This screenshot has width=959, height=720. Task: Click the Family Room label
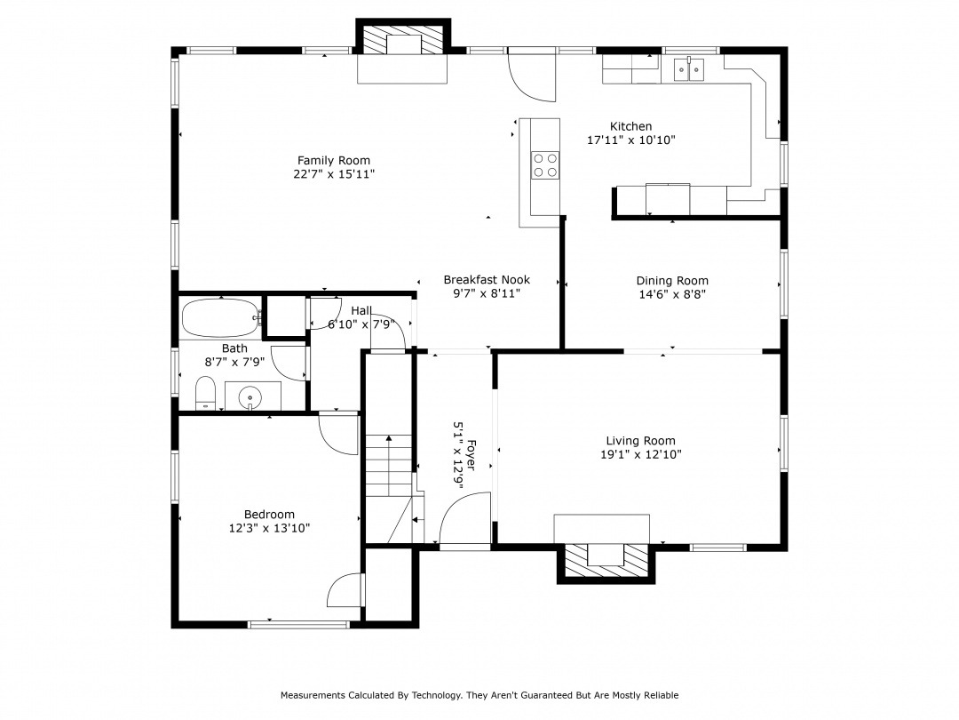point(333,160)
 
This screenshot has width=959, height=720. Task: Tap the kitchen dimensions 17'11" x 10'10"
point(631,140)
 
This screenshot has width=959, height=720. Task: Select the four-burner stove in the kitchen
point(545,165)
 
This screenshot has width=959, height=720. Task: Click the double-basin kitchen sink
point(689,69)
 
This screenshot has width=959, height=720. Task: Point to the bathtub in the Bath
point(221,317)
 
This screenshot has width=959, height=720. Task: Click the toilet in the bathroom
point(205,393)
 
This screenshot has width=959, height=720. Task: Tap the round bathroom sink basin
point(250,396)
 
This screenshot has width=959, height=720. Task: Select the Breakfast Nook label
point(487,280)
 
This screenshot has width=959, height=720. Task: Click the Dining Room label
point(672,281)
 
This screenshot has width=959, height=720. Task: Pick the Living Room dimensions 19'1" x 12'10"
point(641,454)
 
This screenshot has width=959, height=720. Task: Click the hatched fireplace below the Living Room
point(606,561)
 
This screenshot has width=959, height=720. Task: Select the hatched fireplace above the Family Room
point(403,40)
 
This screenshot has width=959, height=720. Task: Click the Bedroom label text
point(269,515)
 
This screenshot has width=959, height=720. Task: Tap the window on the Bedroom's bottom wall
point(298,625)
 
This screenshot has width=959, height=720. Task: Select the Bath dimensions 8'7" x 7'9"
point(234,362)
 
